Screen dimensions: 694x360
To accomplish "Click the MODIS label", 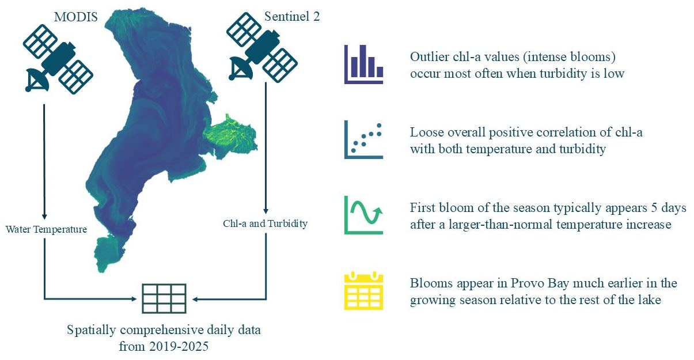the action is pyautogui.click(x=76, y=17).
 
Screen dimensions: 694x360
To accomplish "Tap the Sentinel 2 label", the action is pyautogui.click(x=292, y=17).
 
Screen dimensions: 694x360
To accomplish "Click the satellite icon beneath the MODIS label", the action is pyautogui.click(x=58, y=59).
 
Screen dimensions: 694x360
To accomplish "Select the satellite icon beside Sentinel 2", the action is pyautogui.click(x=262, y=47).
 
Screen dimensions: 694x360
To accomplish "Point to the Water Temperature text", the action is pyautogui.click(x=46, y=229).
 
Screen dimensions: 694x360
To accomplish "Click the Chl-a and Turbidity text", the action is pyautogui.click(x=265, y=223).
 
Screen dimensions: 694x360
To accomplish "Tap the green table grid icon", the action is pyautogui.click(x=164, y=299).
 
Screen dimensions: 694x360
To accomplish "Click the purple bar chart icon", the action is pyautogui.click(x=364, y=65).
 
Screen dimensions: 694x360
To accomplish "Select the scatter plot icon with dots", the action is pyautogui.click(x=364, y=140).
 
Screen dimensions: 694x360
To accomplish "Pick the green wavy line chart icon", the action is pyautogui.click(x=364, y=215).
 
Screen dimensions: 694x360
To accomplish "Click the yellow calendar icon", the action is pyautogui.click(x=364, y=291).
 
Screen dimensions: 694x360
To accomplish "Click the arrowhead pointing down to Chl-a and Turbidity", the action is pyautogui.click(x=266, y=211).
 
